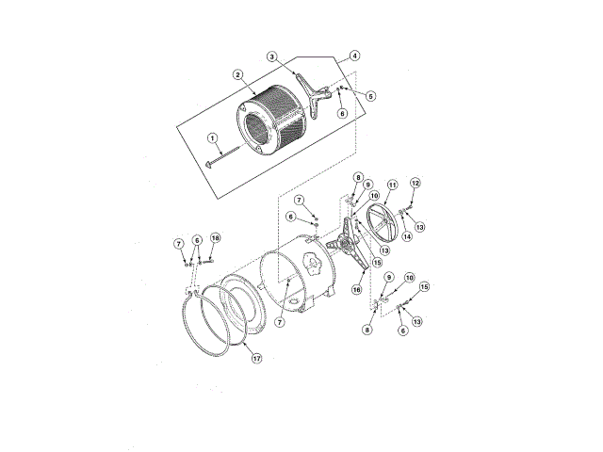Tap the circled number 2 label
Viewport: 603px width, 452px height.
[239, 74]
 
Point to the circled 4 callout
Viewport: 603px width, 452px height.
[356, 56]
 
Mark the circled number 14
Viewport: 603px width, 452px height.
[408, 237]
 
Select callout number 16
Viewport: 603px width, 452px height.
[357, 291]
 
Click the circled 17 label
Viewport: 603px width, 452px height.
[256, 358]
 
